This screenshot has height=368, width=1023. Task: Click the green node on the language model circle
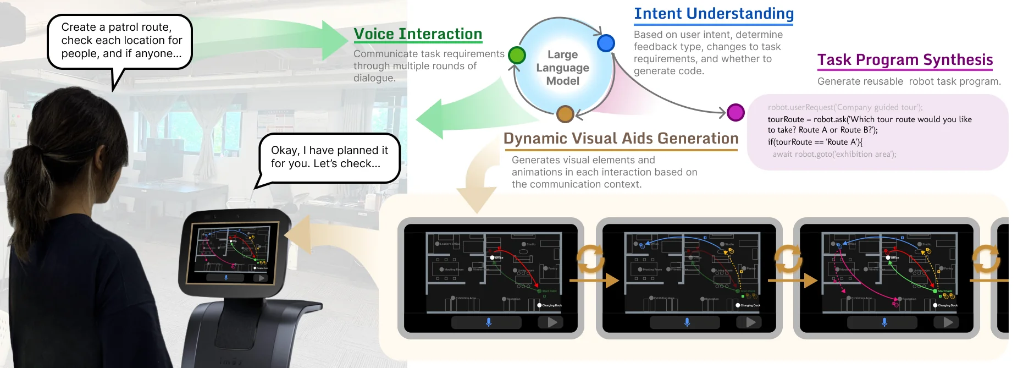coord(517,55)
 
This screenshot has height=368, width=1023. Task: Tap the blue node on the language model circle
coord(606,43)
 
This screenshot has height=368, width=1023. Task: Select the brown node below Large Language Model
coord(565,114)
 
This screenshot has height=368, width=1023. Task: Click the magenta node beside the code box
coord(736,112)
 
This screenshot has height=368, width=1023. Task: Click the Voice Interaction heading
coord(418,34)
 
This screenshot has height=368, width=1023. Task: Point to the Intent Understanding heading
coord(714,14)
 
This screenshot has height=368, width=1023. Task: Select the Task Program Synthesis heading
coord(905,60)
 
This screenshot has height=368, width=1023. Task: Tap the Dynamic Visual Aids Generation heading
coord(621,139)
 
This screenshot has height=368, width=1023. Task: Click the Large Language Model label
coord(563,68)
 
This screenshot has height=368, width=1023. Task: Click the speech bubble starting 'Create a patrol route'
coord(120,41)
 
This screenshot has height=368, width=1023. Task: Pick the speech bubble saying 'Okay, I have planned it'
coord(329,157)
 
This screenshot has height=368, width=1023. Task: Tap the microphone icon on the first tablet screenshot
coord(489,322)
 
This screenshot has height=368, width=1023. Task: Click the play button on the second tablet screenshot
coord(751,322)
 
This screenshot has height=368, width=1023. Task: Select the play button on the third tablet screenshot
coord(948,322)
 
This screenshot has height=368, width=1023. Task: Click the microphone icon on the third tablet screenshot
coord(884,322)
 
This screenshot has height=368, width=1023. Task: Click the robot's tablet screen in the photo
coord(234,252)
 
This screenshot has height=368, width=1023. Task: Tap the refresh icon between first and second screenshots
coord(590,259)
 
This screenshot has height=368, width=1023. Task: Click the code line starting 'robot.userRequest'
coord(845,107)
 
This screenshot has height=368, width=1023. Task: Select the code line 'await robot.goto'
coord(834,154)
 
